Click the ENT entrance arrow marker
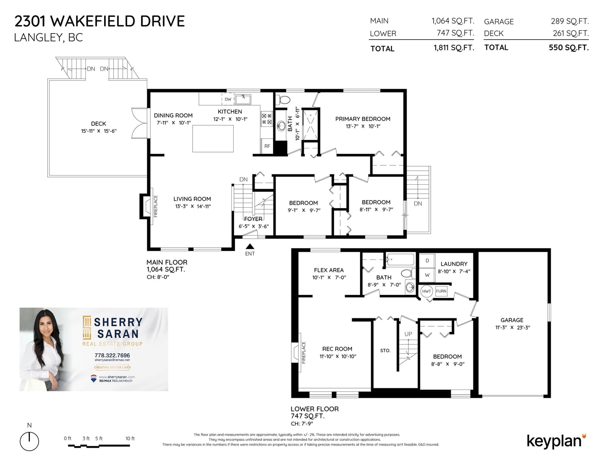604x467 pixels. click(250, 246)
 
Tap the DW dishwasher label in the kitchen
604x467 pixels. click(228, 99)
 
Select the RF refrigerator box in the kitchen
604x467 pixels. click(267, 146)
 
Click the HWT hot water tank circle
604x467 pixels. click(426, 291)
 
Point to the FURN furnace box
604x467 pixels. click(441, 291)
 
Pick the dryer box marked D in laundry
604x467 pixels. click(427, 260)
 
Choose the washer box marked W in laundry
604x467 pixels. click(427, 275)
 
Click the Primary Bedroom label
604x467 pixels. click(363, 119)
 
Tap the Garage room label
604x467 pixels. click(512, 320)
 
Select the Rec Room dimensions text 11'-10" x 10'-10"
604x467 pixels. click(338, 356)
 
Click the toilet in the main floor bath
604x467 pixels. click(283, 100)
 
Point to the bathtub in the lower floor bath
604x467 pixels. click(401, 260)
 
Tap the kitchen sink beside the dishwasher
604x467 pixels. click(243, 99)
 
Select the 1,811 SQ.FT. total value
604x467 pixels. click(454, 48)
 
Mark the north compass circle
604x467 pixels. click(29, 441)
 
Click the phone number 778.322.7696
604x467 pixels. click(112, 355)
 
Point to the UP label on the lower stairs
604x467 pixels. click(408, 334)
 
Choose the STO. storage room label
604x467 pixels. click(385, 350)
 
